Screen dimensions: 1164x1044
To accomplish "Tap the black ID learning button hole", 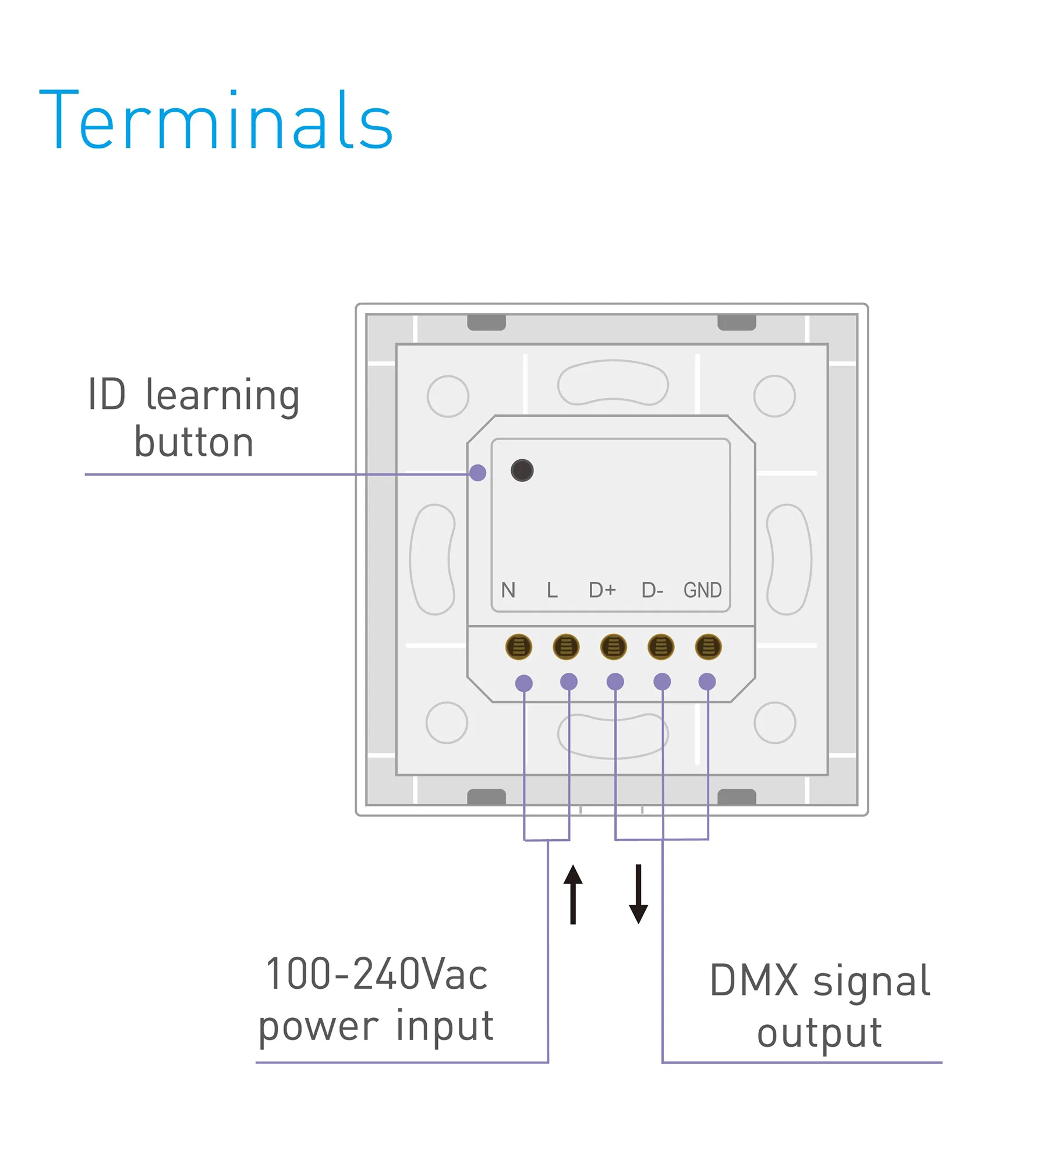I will point(522,470).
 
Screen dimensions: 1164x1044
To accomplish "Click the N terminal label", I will point(508,590).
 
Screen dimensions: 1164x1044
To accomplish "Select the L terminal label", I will point(552,590).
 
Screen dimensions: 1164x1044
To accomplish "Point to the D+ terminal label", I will point(602,590).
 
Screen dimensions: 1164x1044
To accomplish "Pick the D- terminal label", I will point(652,590).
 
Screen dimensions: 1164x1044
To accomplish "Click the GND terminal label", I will point(702,590).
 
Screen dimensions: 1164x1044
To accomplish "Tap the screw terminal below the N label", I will point(518,647).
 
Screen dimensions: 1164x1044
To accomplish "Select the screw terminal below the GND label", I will point(708,647).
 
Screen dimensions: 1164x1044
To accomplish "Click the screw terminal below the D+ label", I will point(613,647).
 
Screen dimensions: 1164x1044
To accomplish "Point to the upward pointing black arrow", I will point(573,893).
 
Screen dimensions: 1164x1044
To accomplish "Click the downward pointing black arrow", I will point(638,893).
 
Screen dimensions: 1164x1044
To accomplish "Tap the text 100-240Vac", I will point(376,974).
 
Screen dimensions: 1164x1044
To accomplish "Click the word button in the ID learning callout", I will point(194,442).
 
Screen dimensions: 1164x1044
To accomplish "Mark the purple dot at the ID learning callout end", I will point(477,473).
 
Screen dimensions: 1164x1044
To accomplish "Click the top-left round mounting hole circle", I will point(448,396).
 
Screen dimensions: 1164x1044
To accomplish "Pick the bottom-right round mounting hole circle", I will point(774,722).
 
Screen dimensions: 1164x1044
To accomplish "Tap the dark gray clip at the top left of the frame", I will point(486,322).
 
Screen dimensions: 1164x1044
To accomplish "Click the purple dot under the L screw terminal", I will point(568,682).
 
